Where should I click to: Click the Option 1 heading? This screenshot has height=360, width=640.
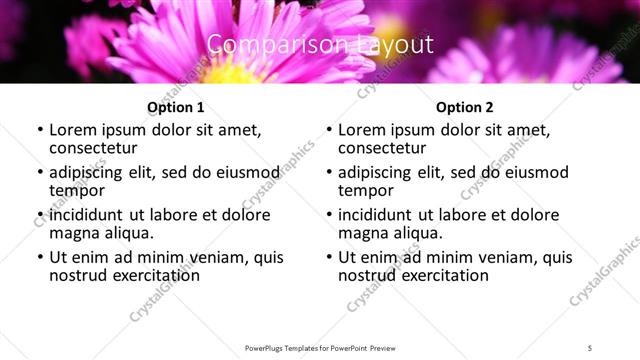175,107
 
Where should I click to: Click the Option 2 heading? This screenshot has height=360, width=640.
464,107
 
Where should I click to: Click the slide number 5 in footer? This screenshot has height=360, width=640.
589,347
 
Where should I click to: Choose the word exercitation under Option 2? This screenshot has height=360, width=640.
441,274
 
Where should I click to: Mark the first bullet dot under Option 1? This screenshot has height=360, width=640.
39,131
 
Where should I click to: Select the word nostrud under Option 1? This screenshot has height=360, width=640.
77,274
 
